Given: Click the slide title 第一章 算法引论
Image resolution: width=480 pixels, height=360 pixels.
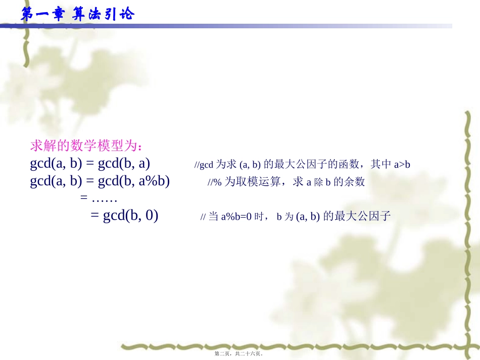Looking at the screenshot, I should pyautogui.click(x=77, y=14).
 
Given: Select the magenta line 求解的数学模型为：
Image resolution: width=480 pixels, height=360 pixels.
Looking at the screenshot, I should pyautogui.click(x=86, y=146).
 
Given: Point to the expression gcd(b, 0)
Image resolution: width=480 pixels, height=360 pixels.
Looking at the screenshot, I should pyautogui.click(x=130, y=216).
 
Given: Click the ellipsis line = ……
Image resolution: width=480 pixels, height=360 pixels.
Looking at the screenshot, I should pyautogui.click(x=99, y=198).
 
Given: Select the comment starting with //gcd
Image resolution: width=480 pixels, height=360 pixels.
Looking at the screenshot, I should pyautogui.click(x=302, y=164).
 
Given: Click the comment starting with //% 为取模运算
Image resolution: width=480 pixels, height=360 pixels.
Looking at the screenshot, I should pyautogui.click(x=286, y=182).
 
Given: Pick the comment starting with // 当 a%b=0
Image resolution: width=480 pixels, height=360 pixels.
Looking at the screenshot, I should pyautogui.click(x=296, y=217).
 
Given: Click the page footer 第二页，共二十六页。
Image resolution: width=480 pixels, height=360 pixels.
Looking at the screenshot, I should pyautogui.click(x=239, y=354).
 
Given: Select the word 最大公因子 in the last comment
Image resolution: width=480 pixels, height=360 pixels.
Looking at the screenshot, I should pyautogui.click(x=363, y=217).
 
